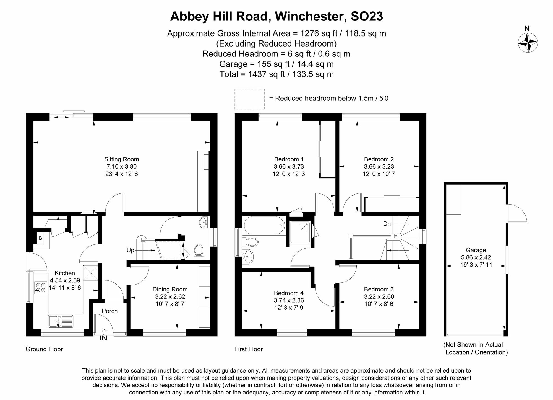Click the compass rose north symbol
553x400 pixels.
528,42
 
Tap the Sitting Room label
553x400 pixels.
121,159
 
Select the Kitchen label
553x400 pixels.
65,273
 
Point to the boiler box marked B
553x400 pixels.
40,238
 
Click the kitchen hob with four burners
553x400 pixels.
40,287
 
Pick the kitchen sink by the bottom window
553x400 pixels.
61,321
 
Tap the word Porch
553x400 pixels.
110,311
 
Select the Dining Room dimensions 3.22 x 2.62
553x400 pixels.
170,296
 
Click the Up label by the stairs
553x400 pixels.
130,250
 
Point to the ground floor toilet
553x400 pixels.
199,251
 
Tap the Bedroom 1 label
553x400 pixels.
289,159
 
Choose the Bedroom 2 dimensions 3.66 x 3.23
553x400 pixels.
379,166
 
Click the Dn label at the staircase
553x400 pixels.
387,224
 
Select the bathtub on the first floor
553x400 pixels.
264,226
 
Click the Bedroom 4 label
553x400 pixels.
289,293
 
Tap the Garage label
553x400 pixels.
476,250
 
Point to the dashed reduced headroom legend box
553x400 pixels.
250,99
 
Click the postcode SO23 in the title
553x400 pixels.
367,16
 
